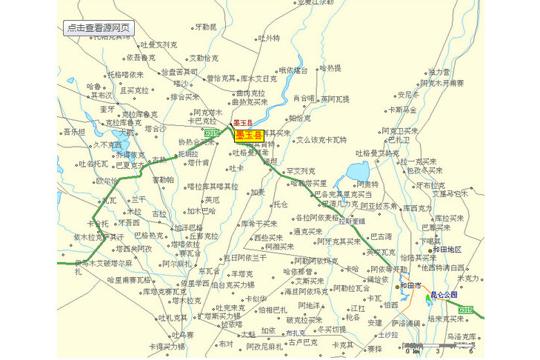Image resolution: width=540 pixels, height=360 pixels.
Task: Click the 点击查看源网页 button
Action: click(x=99, y=28)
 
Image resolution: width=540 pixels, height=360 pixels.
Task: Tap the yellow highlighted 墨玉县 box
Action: click(x=249, y=135)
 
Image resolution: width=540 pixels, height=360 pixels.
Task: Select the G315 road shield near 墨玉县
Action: click(x=212, y=133)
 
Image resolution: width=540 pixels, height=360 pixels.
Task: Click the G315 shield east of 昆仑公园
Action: click(x=465, y=310)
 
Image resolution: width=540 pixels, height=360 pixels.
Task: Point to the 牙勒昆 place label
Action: click(x=205, y=27)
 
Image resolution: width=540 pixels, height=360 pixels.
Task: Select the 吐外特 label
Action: click(x=268, y=38)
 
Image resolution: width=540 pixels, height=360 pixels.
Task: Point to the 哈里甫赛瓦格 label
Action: click(x=129, y=280)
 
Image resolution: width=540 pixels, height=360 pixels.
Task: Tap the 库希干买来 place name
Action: click(x=259, y=223)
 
